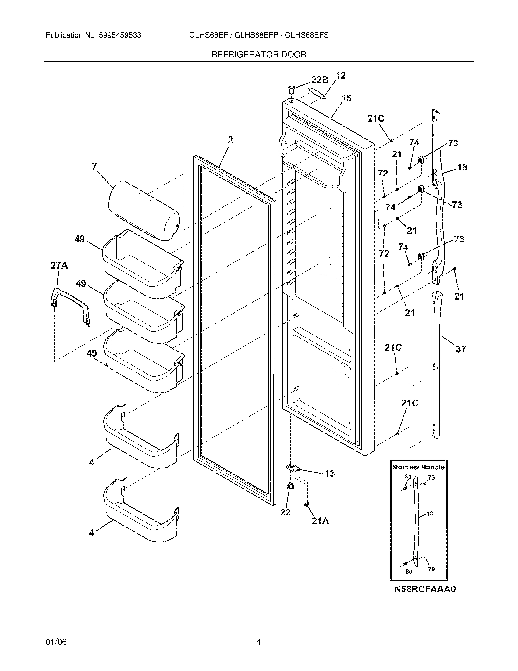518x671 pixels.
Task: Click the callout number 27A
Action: coord(59,265)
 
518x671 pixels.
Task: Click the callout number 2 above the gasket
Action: coord(230,140)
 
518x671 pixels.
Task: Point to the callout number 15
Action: coord(346,98)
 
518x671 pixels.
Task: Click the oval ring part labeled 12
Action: coord(317,92)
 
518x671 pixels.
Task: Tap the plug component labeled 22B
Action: coord(291,90)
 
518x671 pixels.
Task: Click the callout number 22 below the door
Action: coord(285,512)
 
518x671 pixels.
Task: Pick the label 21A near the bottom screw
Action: coord(320,521)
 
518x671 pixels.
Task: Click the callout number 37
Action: coord(461,349)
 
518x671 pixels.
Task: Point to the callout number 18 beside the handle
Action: coord(462,167)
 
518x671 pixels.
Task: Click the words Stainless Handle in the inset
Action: coord(418,467)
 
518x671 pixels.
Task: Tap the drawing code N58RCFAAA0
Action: coord(425,589)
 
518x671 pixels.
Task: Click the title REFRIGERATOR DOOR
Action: coord(259,55)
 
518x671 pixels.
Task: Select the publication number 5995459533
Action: coord(120,35)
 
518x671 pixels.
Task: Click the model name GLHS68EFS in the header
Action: coord(307,35)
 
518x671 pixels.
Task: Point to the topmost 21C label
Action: coord(376,118)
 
